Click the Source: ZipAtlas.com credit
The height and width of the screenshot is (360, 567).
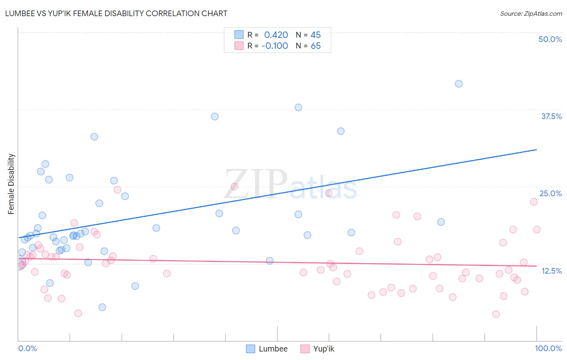(531, 13)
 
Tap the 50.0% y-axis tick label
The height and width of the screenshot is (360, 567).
(550, 39)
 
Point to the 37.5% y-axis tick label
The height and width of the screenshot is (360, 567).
(551, 116)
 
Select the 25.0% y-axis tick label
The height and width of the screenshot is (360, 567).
(550, 193)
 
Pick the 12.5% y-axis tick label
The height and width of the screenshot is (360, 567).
(551, 271)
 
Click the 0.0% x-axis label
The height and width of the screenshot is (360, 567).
(27, 348)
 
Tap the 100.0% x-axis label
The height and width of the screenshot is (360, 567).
(548, 348)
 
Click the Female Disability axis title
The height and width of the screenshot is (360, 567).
(11, 184)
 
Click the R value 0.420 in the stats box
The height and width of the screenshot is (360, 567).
(276, 35)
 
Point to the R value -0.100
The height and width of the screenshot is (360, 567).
(275, 46)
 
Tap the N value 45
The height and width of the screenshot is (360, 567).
(315, 35)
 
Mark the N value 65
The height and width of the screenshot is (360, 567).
(315, 46)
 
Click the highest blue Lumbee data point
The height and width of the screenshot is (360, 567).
(459, 84)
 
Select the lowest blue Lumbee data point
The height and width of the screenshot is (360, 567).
(102, 307)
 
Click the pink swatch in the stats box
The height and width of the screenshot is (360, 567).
(239, 46)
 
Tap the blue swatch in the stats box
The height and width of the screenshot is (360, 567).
(239, 35)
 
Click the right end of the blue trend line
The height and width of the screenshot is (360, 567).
(536, 150)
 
